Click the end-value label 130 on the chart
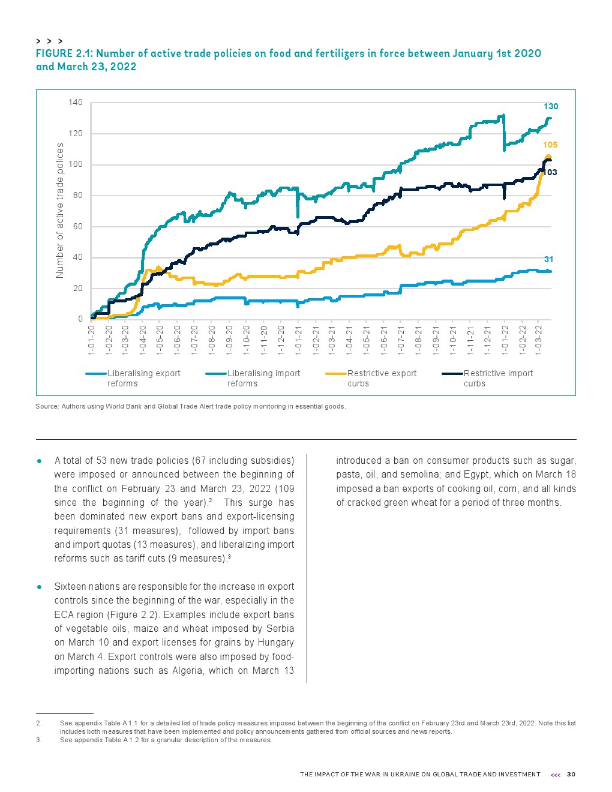(550, 106)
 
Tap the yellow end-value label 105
(550, 145)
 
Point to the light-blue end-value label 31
(548, 259)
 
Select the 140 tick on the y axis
(76, 103)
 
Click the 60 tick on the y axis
(77, 227)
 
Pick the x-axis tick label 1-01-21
(298, 341)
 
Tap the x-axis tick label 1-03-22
(539, 341)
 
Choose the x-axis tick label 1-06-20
(178, 341)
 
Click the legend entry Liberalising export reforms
(143, 378)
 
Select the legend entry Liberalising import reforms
(263, 378)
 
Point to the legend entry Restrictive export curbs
(382, 378)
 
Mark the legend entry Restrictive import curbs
(498, 378)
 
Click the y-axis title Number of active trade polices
(59, 211)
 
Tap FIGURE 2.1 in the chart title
(62, 53)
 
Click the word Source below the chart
(47, 406)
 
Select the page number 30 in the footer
(571, 774)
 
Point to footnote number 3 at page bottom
(38, 740)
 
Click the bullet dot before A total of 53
(39, 461)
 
